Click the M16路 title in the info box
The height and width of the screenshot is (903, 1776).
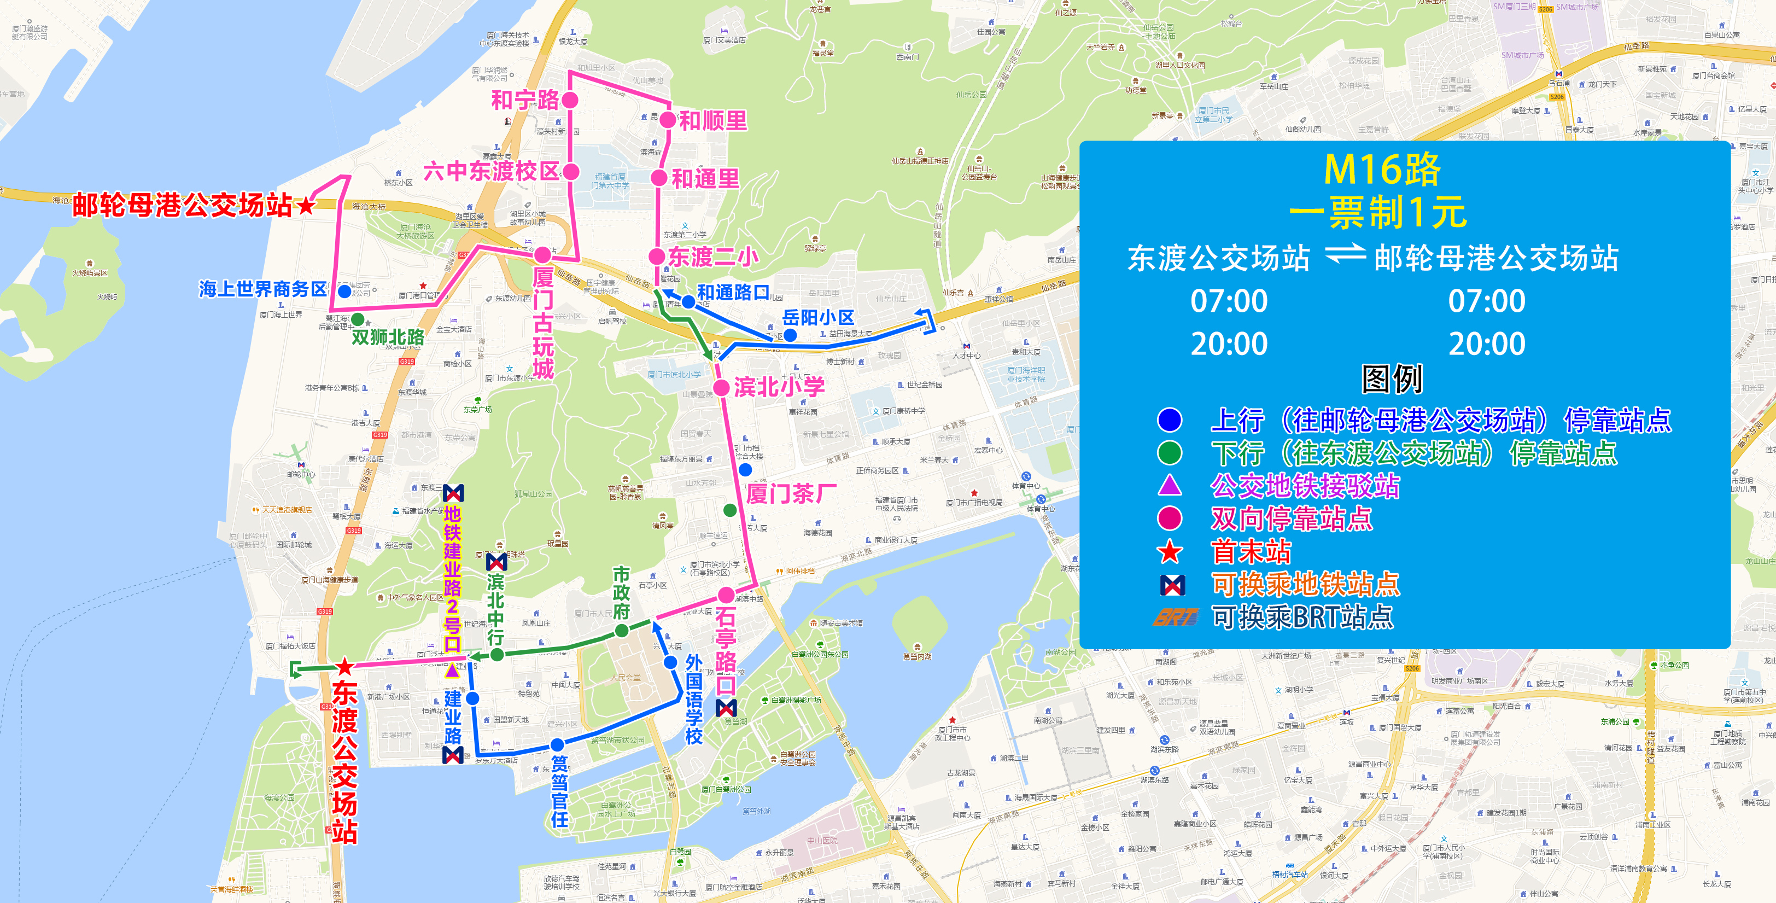[1382, 169]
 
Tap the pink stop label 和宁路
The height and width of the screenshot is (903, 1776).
[525, 100]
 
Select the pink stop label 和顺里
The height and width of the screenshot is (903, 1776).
[713, 121]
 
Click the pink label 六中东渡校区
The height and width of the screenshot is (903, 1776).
[492, 171]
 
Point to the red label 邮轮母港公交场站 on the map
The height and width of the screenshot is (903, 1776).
[183, 205]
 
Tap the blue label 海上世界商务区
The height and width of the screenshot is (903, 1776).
[262, 289]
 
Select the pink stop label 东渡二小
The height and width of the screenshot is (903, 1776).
[713, 257]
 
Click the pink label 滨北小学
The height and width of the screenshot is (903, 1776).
[779, 387]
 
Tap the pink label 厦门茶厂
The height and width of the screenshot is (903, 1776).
[791, 493]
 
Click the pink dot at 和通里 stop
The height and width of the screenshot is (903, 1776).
[659, 178]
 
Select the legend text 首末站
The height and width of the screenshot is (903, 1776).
[1251, 551]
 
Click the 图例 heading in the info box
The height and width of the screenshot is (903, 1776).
[1391, 378]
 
